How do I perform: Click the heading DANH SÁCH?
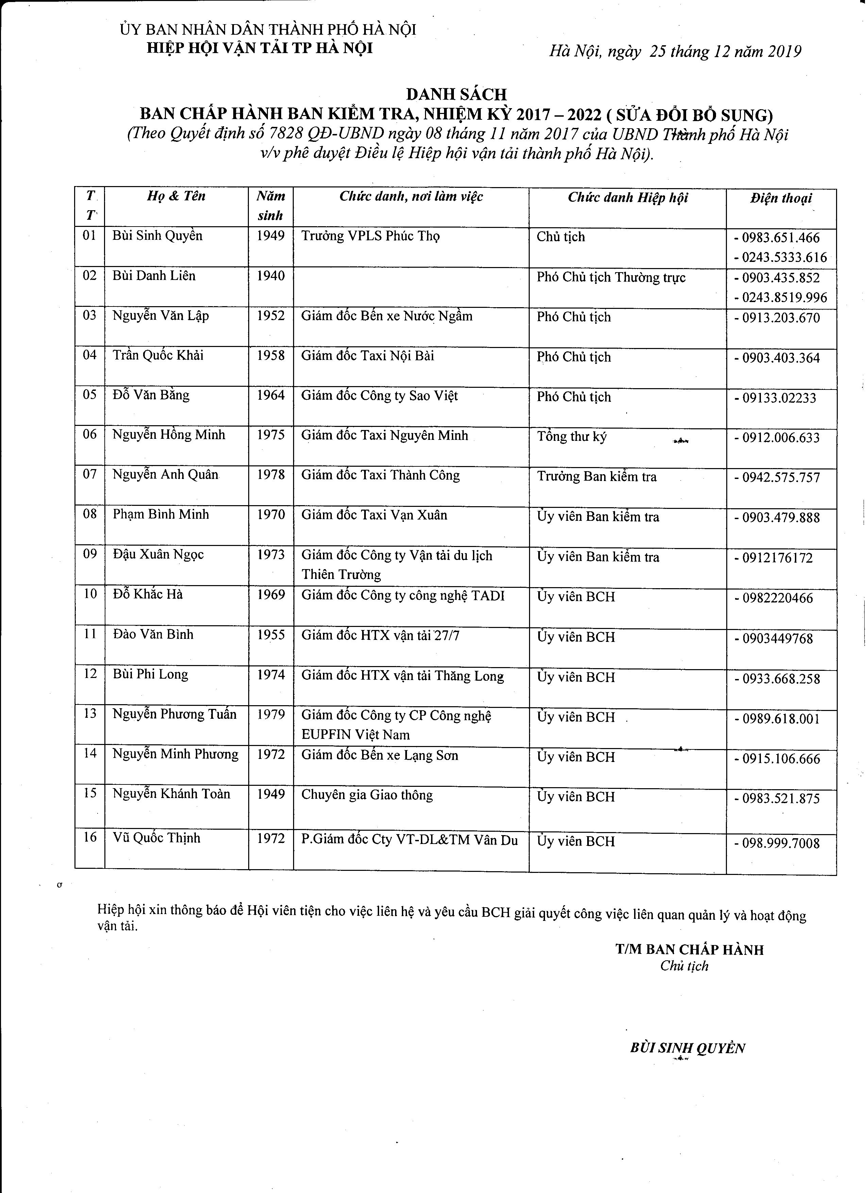tap(456, 95)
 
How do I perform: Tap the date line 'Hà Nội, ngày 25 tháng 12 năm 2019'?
tap(675, 52)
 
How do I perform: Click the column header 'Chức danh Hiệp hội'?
tap(627, 198)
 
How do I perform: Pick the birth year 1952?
tap(270, 316)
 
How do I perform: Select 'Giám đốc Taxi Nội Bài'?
tap(368, 356)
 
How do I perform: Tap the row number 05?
tap(90, 395)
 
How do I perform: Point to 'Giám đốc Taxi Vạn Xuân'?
tap(374, 515)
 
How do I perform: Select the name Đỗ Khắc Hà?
tap(148, 594)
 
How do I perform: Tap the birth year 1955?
tap(270, 635)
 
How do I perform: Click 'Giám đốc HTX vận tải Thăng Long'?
tap(402, 676)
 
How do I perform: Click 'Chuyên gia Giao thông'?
tap(367, 795)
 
